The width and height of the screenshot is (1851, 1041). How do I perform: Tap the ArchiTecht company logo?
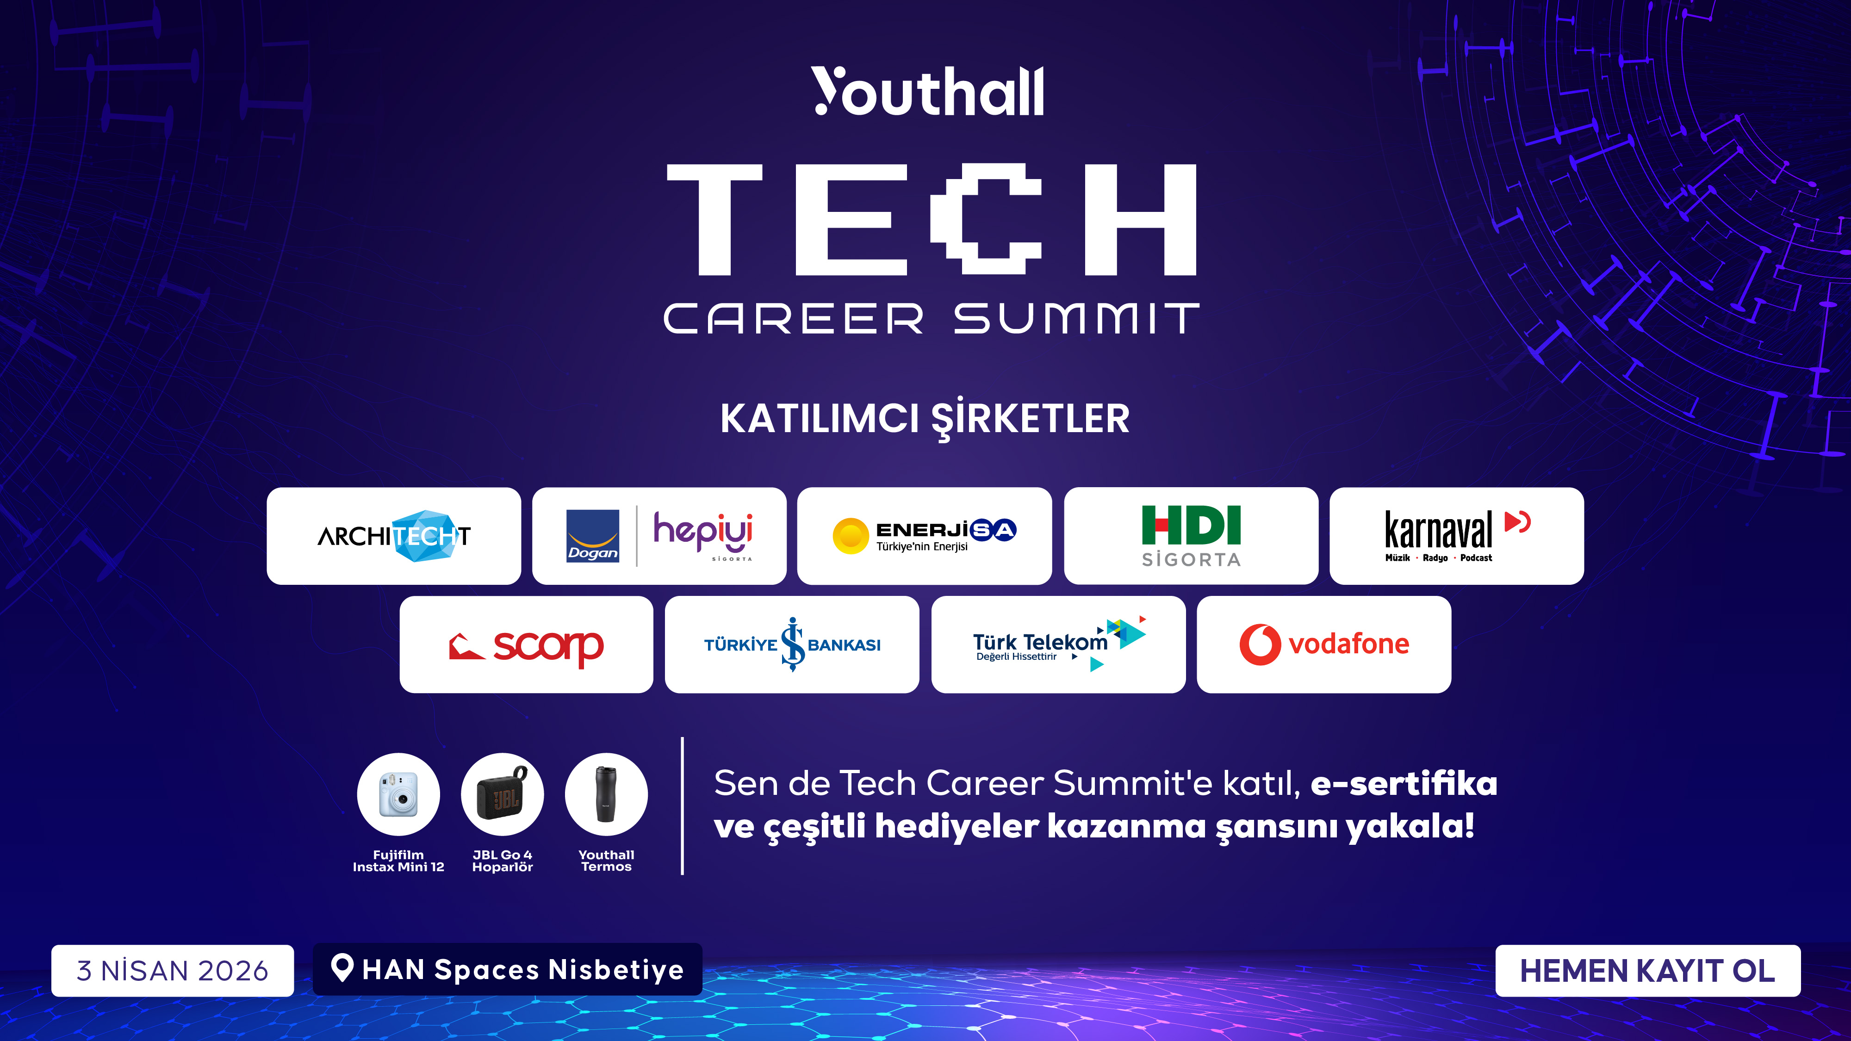point(394,536)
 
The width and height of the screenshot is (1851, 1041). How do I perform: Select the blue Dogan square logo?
point(592,536)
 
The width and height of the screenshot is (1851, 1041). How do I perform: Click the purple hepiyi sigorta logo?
point(703,533)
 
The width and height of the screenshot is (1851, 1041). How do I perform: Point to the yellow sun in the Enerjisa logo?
point(850,536)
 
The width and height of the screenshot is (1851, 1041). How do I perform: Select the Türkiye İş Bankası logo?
point(792,644)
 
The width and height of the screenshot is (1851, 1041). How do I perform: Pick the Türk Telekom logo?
point(1058,644)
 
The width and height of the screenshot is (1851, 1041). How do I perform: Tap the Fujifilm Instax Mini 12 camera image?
point(398,794)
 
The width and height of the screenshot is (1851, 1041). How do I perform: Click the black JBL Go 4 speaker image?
point(502,794)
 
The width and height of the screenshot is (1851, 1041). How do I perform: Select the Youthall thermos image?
point(606,794)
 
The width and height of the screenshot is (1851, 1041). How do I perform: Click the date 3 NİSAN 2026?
point(173,971)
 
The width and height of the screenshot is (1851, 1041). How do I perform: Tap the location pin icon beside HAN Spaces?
point(342,968)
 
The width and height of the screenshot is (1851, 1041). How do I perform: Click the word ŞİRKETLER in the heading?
point(1031,419)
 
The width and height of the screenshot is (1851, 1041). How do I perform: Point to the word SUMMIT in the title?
point(1076,318)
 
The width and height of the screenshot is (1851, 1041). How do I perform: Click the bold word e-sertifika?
point(1404,783)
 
